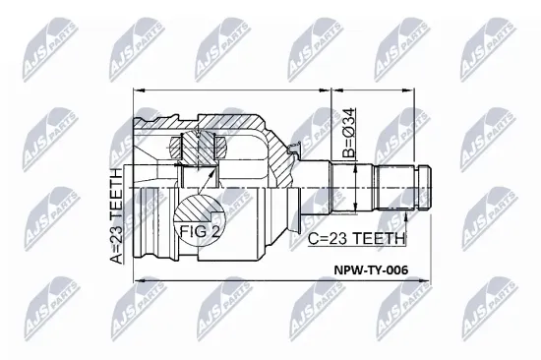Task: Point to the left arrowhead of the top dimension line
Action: (137, 91)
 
